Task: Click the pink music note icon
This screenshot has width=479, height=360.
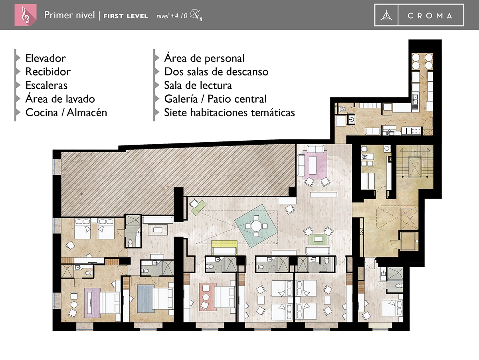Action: [25, 15]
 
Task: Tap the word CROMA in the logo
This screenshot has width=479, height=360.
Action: [430, 16]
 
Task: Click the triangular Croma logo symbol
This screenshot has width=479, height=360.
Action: [386, 16]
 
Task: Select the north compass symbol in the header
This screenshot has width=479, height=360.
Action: [196, 15]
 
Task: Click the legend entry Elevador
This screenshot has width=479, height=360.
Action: [46, 58]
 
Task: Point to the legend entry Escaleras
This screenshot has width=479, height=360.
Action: [46, 85]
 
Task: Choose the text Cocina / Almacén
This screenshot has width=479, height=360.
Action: [66, 112]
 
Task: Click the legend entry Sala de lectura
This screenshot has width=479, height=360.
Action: [198, 85]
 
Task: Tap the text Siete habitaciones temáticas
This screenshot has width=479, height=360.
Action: [229, 112]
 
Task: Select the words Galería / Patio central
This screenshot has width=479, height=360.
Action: [215, 99]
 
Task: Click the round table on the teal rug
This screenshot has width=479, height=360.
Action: [256, 226]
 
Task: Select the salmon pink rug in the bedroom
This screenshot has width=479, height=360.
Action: [208, 296]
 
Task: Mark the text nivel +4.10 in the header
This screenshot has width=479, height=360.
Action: [172, 16]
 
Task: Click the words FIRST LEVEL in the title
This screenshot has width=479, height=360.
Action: [126, 16]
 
